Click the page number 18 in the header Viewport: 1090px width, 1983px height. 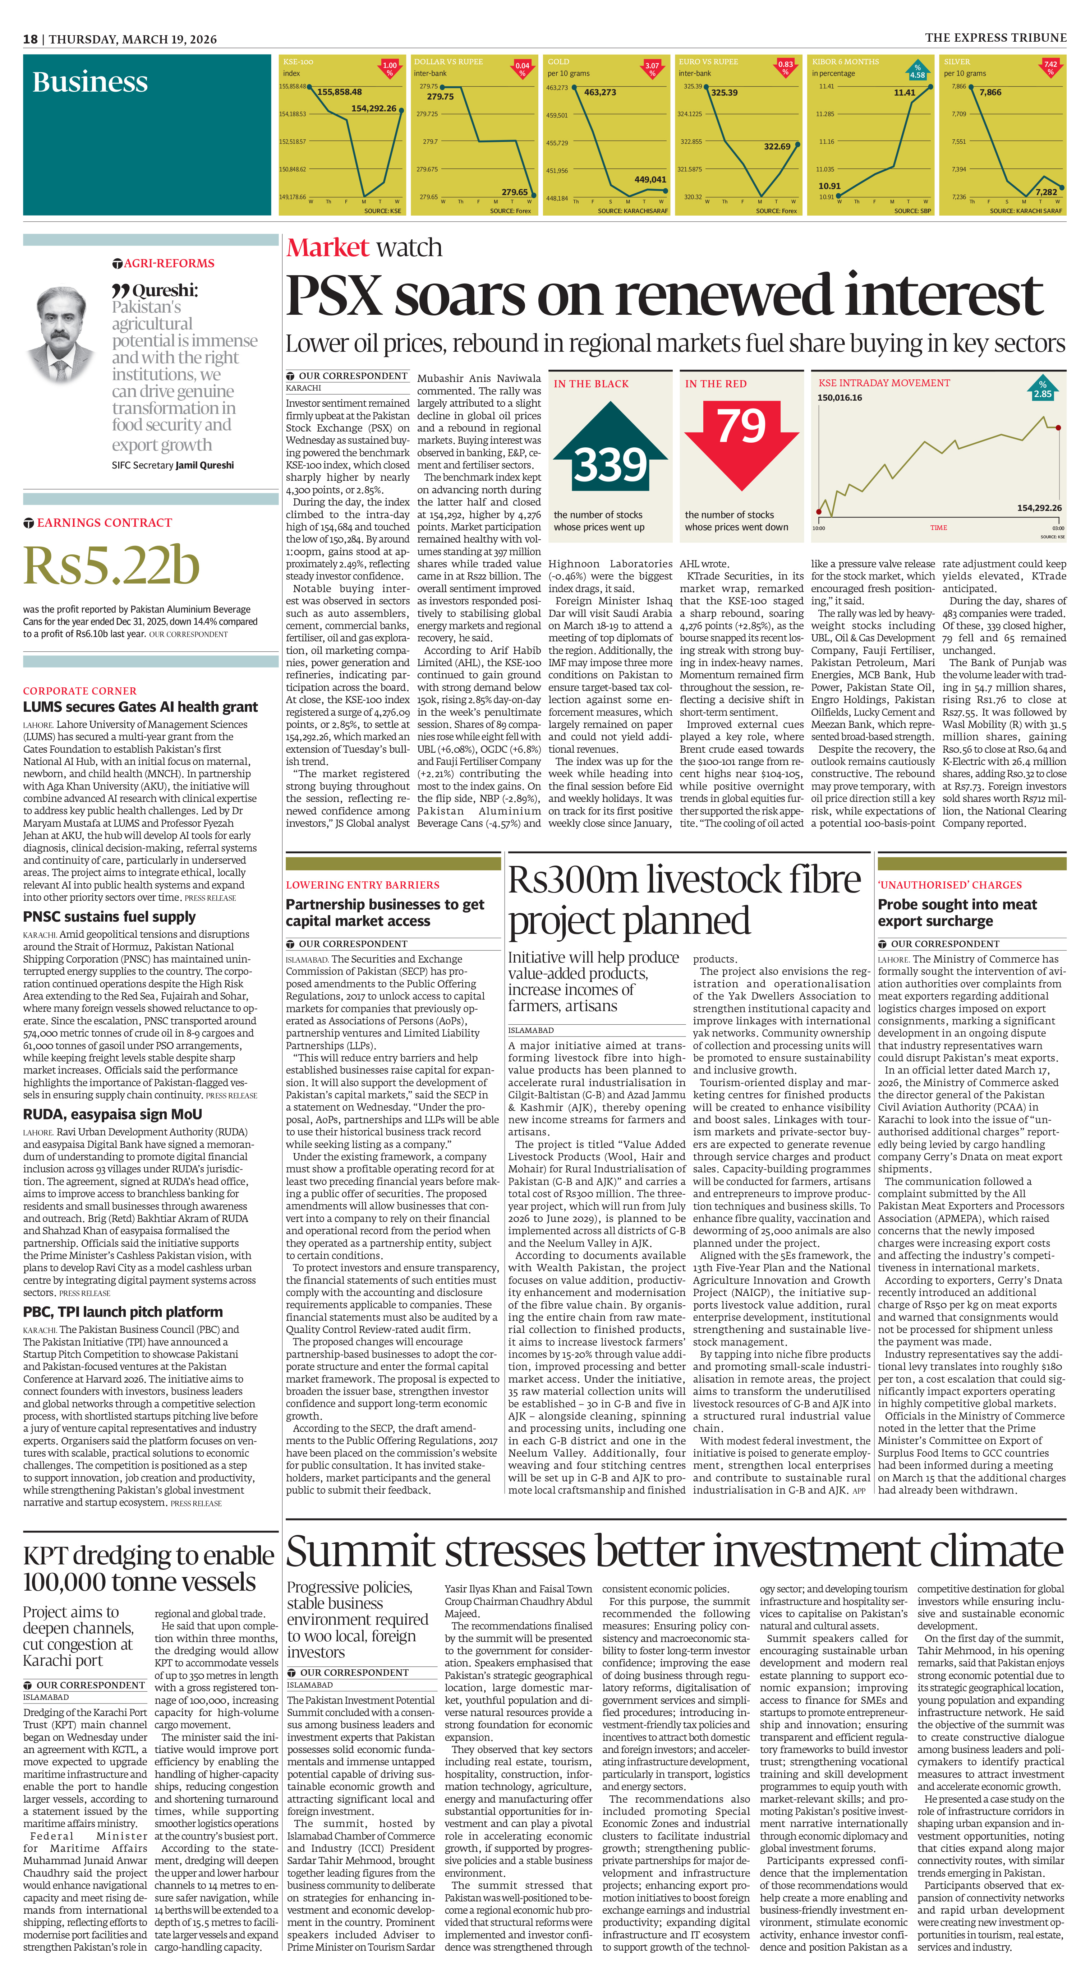pos(30,39)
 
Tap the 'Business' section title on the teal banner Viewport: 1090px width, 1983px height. pos(90,82)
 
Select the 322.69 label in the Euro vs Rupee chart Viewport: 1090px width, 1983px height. pos(777,146)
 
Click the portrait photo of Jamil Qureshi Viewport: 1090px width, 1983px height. pos(61,336)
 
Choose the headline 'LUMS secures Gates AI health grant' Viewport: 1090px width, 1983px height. pos(140,707)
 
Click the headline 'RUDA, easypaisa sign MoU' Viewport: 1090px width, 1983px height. pos(112,1114)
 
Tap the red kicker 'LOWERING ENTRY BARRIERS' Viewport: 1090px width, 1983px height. pos(363,885)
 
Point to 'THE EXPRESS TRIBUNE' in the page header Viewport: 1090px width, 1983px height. pos(995,38)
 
